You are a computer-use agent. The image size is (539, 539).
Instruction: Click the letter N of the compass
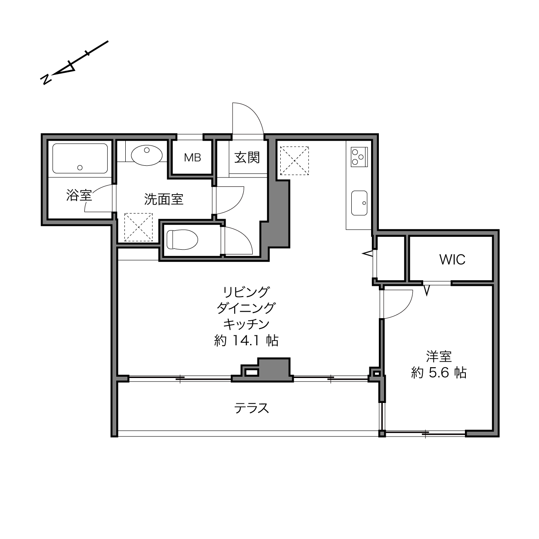pos(46,80)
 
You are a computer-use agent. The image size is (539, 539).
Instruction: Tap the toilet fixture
pos(182,240)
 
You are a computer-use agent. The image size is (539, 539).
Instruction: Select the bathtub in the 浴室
pos(80,158)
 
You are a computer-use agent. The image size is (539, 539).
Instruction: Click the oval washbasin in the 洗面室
pos(146,155)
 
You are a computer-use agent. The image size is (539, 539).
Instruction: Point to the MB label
pos(192,158)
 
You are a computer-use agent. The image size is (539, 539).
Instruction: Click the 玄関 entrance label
pos(247,158)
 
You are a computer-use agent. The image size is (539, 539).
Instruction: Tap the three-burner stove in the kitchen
pos(359,157)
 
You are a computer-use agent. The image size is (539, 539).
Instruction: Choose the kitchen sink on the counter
pos(359,203)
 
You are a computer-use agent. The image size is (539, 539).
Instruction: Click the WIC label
pos(452,260)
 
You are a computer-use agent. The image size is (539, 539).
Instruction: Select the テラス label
pos(251,409)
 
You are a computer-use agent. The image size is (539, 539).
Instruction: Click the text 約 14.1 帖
pos(246,341)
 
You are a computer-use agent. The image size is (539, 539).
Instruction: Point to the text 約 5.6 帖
pos(439,373)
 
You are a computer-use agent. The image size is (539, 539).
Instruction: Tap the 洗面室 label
pos(164,199)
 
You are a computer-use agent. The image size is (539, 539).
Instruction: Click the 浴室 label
pos(79,195)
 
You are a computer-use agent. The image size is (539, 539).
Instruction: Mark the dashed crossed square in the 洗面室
pos(139,227)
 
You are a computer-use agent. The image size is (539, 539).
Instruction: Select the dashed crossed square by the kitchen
pos(294,161)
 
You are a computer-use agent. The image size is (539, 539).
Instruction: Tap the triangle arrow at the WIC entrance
pos(427,290)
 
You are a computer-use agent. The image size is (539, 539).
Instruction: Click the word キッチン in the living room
pos(246,325)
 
